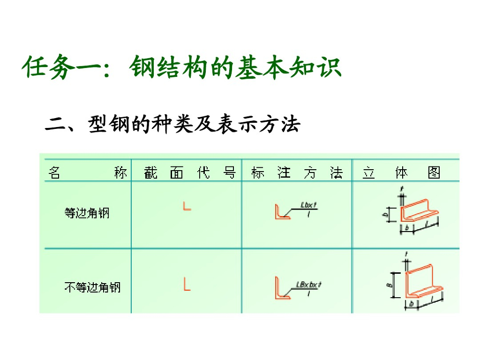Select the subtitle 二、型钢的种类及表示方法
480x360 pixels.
click(x=172, y=125)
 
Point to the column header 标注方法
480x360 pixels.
click(x=297, y=173)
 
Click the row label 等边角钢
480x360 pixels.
click(x=87, y=213)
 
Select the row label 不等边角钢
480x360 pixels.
click(x=92, y=286)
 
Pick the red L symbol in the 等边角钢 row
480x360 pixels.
click(x=187, y=206)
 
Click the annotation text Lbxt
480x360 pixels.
click(x=309, y=205)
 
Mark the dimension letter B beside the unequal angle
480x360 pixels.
click(x=392, y=284)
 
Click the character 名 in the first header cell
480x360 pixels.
click(x=54, y=173)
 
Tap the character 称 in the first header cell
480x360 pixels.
click(x=120, y=173)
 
